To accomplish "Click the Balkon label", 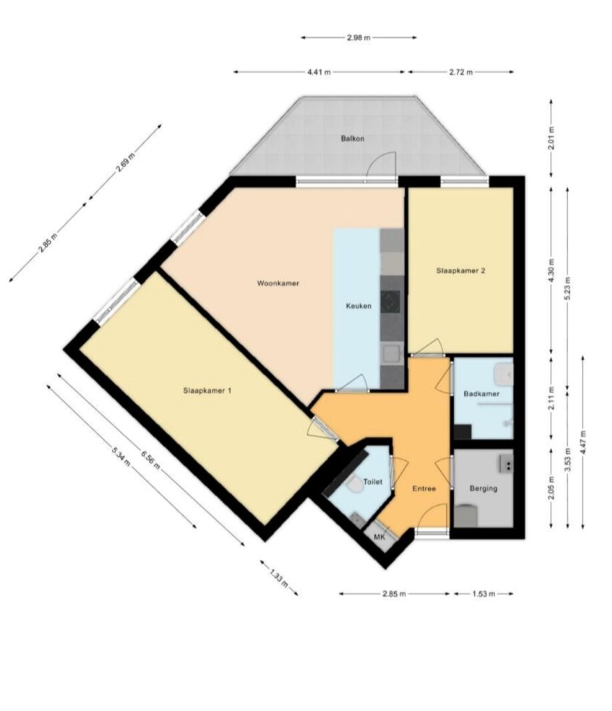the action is (x=352, y=139).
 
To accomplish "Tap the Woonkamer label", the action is (x=278, y=283).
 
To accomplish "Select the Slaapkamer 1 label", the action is (x=207, y=390).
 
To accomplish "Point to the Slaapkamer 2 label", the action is (x=461, y=271).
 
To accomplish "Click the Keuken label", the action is (x=358, y=306).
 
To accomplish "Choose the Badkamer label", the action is (x=481, y=394).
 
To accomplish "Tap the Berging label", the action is (x=483, y=488).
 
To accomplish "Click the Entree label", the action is (x=424, y=488).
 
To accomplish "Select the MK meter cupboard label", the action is (x=379, y=537).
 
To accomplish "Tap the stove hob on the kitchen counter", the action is (x=390, y=302).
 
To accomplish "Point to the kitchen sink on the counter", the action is (x=392, y=354).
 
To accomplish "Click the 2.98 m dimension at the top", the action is (x=359, y=37).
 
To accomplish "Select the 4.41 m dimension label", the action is (x=319, y=72).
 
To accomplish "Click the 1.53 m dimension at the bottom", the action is (x=483, y=594).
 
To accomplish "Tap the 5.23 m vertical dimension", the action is (x=567, y=286).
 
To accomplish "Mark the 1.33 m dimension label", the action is (x=279, y=578).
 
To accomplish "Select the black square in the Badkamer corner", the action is (x=463, y=431).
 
